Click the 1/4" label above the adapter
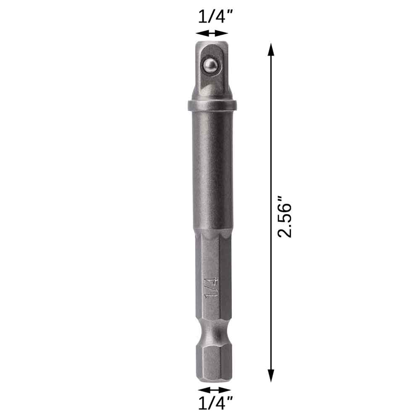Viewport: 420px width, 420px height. (x=215, y=17)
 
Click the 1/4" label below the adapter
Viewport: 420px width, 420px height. (x=215, y=403)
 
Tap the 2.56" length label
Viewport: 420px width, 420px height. (x=284, y=216)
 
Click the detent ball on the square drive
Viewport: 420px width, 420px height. (x=210, y=65)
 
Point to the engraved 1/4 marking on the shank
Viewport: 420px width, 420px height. (x=210, y=289)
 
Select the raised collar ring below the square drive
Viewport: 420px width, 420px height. (x=212, y=105)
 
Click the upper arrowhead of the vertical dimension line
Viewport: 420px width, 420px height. (x=271, y=50)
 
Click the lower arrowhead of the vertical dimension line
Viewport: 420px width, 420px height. (x=271, y=375)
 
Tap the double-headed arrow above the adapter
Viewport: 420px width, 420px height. (x=212, y=33)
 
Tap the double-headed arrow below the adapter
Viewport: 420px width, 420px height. (x=214, y=390)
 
